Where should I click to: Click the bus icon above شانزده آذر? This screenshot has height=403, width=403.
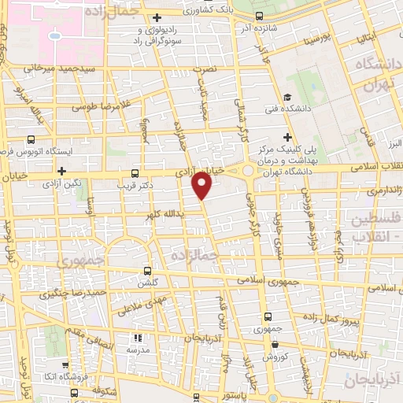tap(261, 15)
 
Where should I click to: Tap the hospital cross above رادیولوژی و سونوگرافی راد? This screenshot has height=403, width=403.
tap(157, 17)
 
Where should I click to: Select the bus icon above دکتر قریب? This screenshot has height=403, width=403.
tap(135, 172)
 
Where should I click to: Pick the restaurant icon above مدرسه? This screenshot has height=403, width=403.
tap(139, 337)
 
